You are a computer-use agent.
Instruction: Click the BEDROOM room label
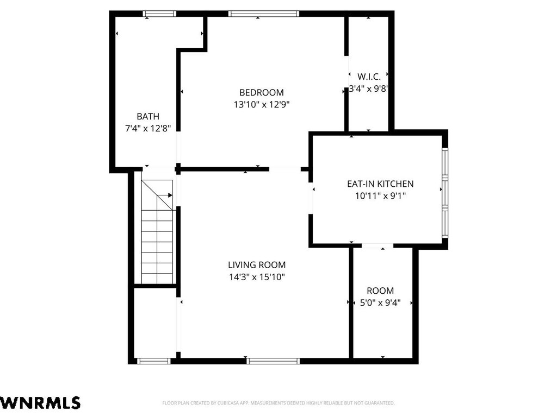262,92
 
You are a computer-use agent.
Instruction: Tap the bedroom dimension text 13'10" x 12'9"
262,105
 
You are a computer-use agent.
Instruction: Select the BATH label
148,116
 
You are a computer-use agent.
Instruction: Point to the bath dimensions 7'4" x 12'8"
148,128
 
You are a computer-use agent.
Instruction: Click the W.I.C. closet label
369,77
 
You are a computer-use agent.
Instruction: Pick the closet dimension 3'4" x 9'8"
368,89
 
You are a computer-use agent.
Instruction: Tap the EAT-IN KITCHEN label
380,184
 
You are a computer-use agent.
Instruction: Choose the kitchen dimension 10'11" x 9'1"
380,195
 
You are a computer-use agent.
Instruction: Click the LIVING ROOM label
257,265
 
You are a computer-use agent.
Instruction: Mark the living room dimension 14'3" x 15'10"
257,277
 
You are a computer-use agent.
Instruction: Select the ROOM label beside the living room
380,291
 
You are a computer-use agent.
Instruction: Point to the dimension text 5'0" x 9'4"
380,303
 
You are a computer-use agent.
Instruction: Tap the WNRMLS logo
40,403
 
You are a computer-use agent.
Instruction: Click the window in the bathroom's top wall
159,14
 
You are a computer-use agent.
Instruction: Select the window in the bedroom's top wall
264,14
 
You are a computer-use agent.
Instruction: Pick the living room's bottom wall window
273,361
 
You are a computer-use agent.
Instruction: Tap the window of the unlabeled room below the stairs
154,361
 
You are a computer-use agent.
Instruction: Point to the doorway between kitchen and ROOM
377,246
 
